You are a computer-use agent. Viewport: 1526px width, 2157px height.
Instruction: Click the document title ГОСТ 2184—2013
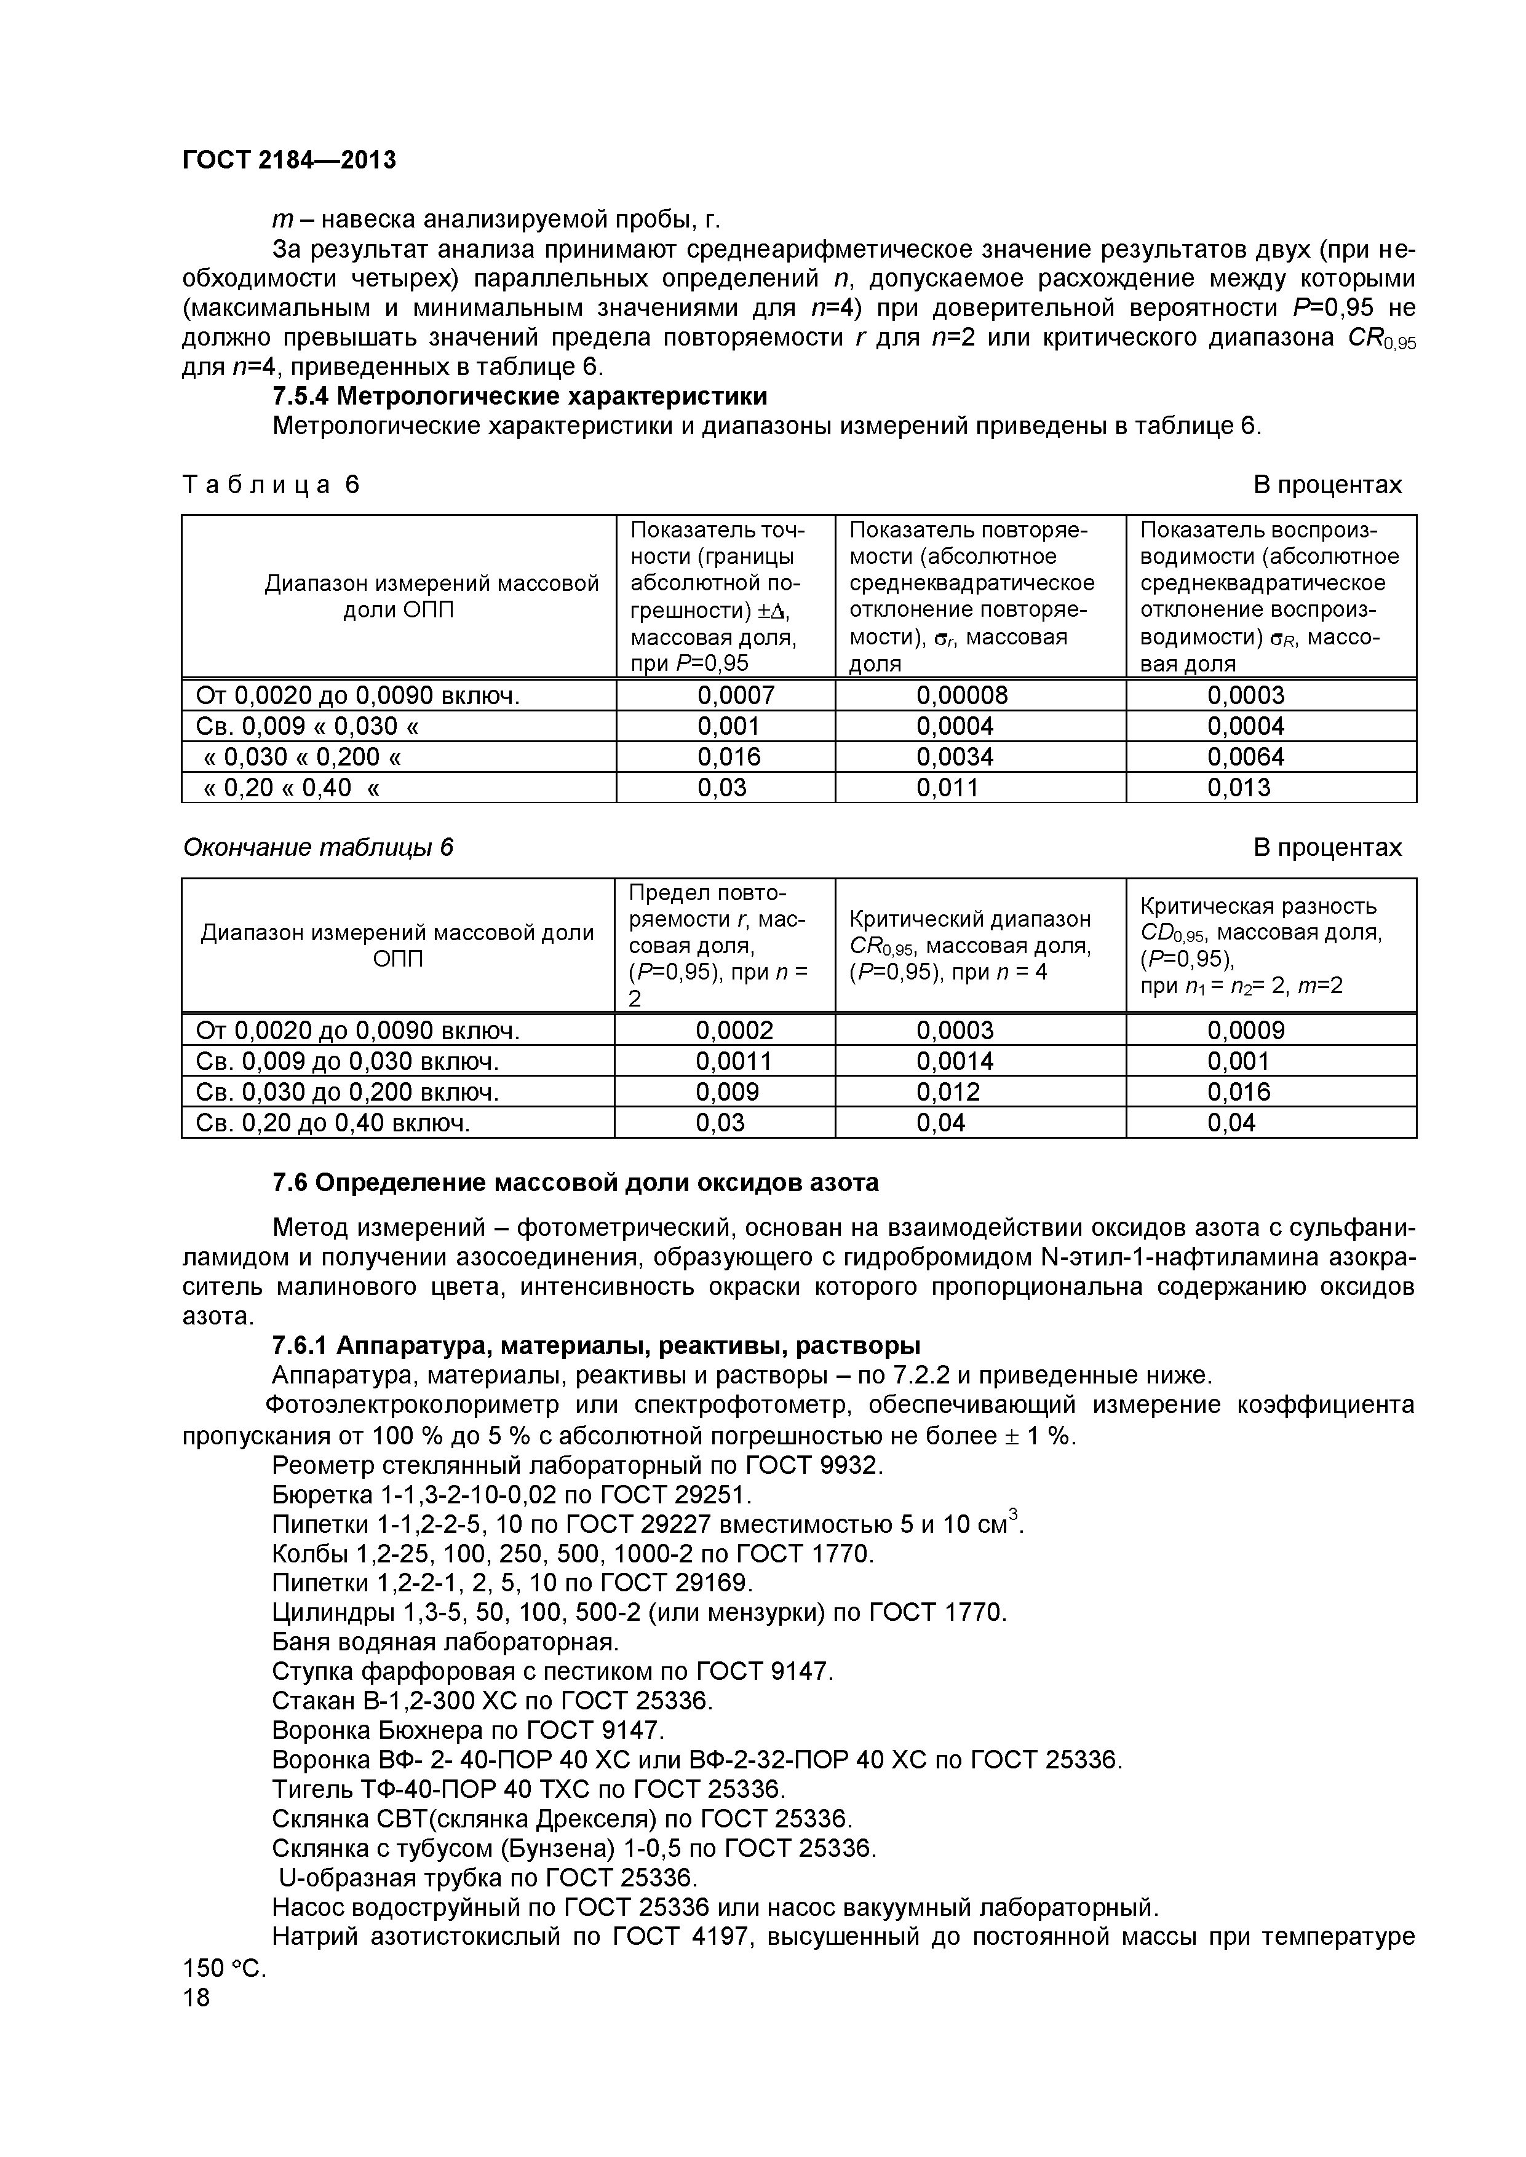(x=288, y=160)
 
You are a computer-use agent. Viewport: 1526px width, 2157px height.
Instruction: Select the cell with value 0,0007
(x=736, y=695)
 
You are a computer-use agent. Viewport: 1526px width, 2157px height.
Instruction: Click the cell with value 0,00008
(x=961, y=695)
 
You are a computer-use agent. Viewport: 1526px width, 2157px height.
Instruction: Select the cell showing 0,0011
(x=734, y=1061)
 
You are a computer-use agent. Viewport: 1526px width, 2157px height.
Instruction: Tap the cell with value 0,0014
(x=955, y=1061)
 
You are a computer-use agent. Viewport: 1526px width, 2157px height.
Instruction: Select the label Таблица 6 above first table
(x=271, y=485)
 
